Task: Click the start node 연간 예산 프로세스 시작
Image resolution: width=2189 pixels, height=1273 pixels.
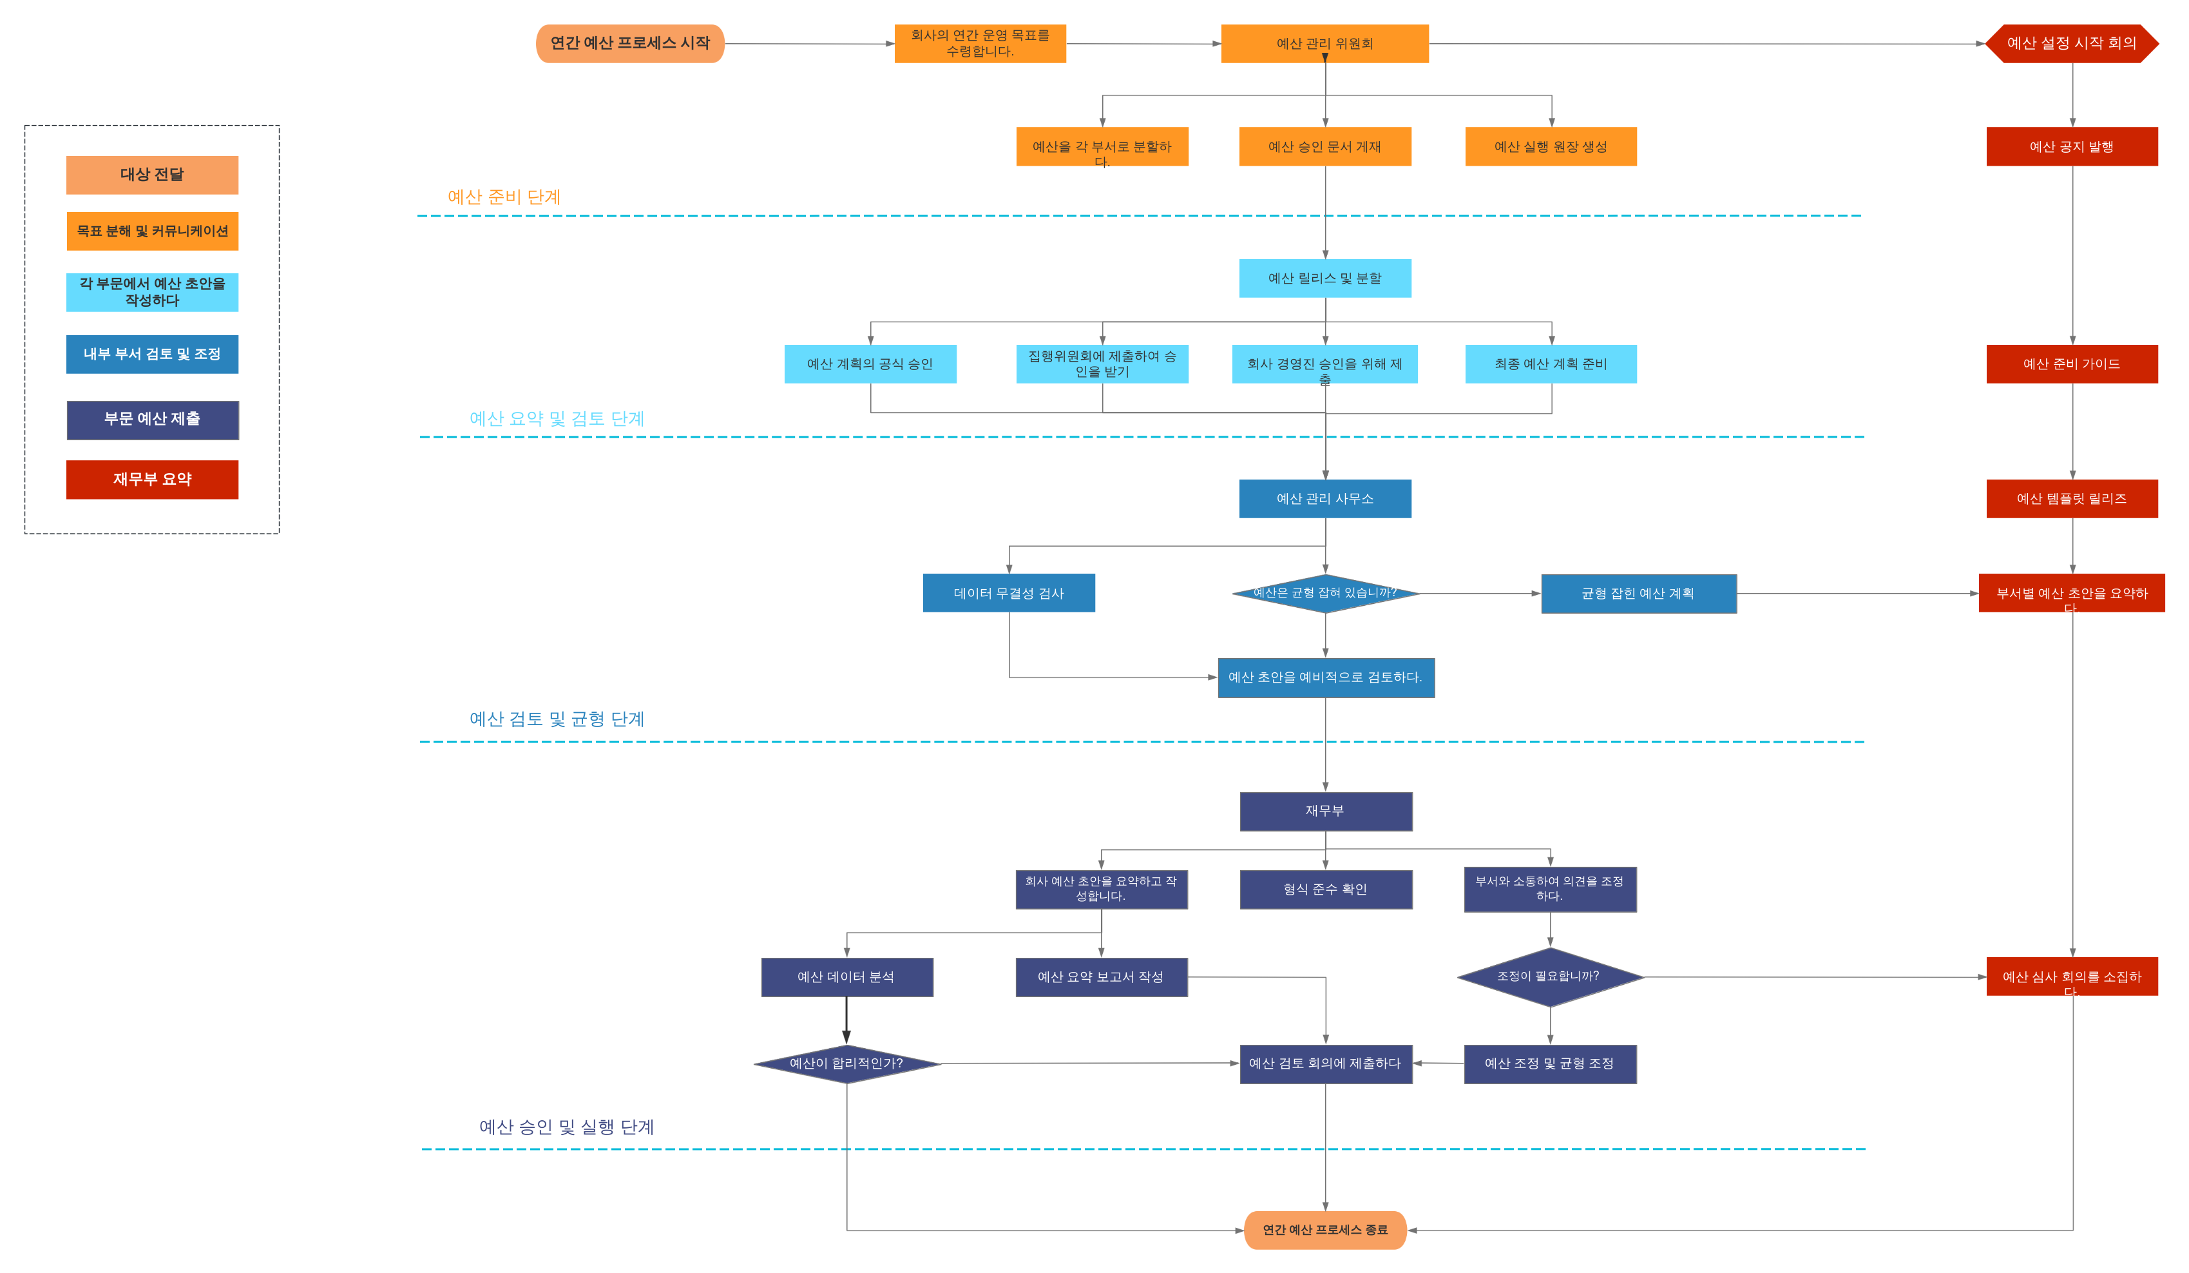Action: tap(630, 43)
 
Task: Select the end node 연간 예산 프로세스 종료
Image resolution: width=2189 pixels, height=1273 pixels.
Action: tap(1324, 1230)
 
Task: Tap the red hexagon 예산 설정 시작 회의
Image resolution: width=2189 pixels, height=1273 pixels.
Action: tap(2072, 43)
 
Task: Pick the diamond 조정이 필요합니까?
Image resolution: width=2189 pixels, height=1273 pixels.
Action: tap(1550, 977)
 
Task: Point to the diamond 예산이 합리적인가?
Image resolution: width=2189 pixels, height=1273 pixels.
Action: tap(847, 1064)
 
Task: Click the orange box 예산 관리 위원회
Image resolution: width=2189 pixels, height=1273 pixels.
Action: tap(1324, 43)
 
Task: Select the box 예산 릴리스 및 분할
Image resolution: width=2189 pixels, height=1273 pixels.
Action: tap(1324, 278)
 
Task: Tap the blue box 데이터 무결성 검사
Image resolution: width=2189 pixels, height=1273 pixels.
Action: tap(1009, 592)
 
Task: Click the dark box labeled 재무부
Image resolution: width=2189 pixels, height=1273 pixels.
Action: tap(1326, 811)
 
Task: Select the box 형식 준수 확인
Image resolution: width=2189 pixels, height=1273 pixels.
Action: tap(1326, 889)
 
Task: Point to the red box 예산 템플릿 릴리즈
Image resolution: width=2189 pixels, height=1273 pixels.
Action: tap(2072, 499)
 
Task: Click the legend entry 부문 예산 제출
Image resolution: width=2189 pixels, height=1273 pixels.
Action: tap(153, 420)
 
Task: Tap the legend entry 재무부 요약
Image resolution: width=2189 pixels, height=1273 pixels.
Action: tap(152, 480)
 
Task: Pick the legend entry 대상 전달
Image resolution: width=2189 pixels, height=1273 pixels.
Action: tap(152, 175)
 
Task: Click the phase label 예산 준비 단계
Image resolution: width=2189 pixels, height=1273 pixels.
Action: tap(504, 197)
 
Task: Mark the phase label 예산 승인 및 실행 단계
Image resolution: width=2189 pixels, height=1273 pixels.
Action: tap(566, 1127)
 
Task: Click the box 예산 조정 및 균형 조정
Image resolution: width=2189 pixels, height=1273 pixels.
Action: tap(1550, 1064)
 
